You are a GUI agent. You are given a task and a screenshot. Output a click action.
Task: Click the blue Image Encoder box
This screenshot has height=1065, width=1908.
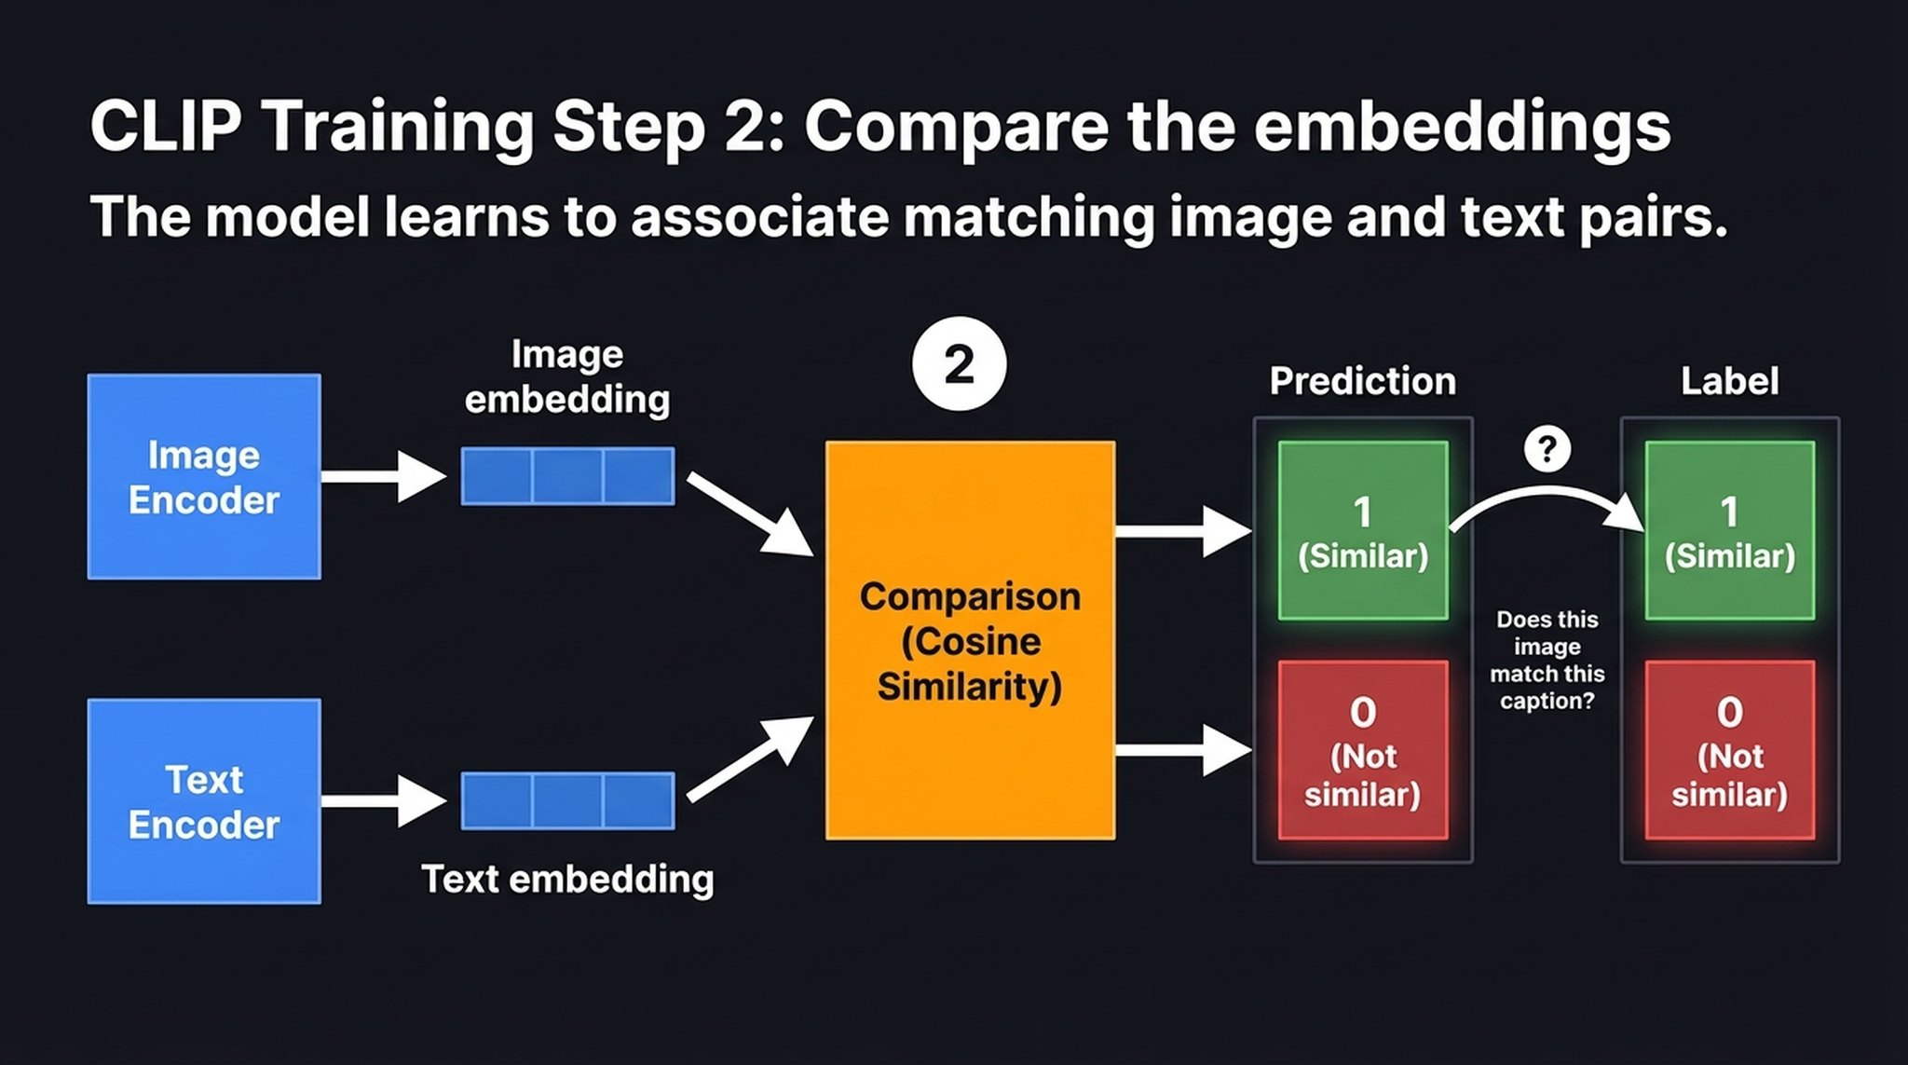(x=204, y=477)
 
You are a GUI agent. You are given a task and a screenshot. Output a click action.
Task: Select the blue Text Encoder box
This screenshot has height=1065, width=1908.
(x=204, y=801)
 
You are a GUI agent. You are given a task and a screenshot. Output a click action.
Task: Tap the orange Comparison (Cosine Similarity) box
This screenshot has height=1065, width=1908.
(x=970, y=640)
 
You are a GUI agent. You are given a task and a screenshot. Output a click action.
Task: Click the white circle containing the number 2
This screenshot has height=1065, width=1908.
(x=959, y=364)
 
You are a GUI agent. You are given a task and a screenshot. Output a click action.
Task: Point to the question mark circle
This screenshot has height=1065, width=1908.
(x=1547, y=449)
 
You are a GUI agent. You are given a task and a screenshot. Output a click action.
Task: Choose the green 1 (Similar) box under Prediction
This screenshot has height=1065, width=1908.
(x=1362, y=530)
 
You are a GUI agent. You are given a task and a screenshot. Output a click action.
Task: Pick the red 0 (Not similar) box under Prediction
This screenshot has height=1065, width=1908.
(x=1362, y=750)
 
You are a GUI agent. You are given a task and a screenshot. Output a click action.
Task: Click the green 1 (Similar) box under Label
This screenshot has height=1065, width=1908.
(x=1729, y=530)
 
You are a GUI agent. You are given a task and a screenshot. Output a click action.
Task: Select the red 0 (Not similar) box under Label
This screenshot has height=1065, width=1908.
(x=1729, y=750)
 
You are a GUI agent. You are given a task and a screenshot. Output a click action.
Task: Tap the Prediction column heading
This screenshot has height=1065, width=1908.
(x=1362, y=381)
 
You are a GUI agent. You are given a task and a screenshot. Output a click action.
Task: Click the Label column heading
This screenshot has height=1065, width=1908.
(x=1729, y=381)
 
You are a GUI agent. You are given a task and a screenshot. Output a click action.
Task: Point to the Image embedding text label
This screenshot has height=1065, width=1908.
(x=567, y=376)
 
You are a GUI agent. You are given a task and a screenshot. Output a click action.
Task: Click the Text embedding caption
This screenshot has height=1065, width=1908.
(x=567, y=879)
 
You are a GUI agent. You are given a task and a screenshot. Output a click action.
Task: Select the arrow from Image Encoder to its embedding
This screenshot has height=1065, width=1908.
(x=382, y=476)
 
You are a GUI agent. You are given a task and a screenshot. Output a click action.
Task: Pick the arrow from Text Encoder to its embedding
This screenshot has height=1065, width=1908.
(x=382, y=801)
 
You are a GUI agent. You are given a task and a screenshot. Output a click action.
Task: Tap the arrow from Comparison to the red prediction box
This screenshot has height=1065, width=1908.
(x=1181, y=750)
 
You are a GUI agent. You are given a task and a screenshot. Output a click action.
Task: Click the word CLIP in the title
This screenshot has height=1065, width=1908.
(x=165, y=126)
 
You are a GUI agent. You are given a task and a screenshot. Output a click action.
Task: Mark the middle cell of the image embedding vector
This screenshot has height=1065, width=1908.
(x=567, y=476)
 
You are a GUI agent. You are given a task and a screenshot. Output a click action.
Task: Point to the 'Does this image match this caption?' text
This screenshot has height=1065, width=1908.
(x=1547, y=660)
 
